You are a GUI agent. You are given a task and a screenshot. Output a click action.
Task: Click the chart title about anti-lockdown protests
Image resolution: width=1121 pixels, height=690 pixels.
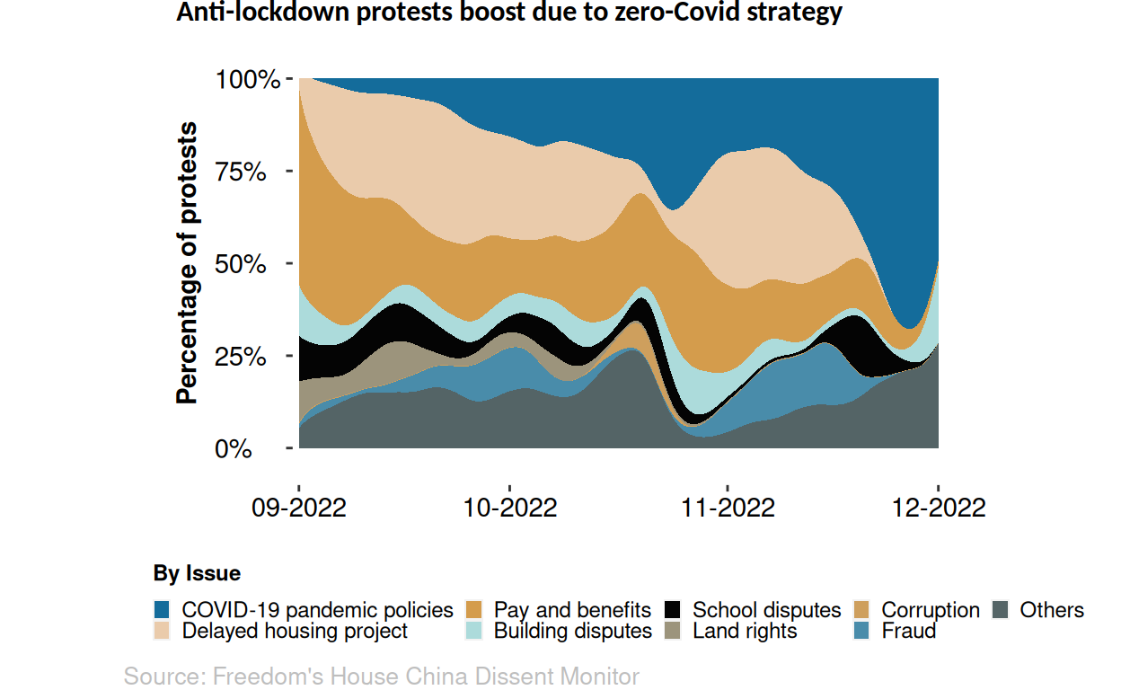coord(508,13)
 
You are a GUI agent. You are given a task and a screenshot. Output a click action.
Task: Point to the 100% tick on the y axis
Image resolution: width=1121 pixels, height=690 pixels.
coord(249,80)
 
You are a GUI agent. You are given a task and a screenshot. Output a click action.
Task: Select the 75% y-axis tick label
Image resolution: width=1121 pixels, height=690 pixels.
coord(242,172)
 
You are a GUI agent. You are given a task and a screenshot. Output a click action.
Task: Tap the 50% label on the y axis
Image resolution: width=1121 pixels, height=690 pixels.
coord(242,264)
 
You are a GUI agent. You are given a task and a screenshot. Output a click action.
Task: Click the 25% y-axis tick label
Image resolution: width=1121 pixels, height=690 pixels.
coord(242,356)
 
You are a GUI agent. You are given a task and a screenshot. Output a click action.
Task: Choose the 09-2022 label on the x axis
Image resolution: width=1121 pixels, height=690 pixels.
coord(299,508)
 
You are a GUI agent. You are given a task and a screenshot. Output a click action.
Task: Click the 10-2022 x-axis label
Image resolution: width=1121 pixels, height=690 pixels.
coord(510,508)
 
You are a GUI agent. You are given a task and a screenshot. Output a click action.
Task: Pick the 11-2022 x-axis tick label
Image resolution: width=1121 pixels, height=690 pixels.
coord(728,508)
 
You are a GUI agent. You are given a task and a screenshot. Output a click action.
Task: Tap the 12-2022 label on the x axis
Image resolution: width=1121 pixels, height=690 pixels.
coord(939,508)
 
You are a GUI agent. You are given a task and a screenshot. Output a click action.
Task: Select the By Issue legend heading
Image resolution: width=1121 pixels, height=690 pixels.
coord(197,573)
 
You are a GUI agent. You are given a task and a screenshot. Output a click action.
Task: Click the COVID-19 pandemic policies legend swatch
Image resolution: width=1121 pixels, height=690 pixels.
coord(163,610)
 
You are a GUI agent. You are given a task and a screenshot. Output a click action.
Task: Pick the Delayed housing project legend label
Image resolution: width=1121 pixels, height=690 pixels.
coord(295,631)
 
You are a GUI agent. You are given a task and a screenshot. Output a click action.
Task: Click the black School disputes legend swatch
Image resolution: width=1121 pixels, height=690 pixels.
coord(674,610)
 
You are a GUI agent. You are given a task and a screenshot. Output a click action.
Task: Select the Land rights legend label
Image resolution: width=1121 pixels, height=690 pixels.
coord(745,631)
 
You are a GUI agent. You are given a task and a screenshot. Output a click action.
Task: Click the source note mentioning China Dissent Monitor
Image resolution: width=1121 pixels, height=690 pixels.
coord(381,677)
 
